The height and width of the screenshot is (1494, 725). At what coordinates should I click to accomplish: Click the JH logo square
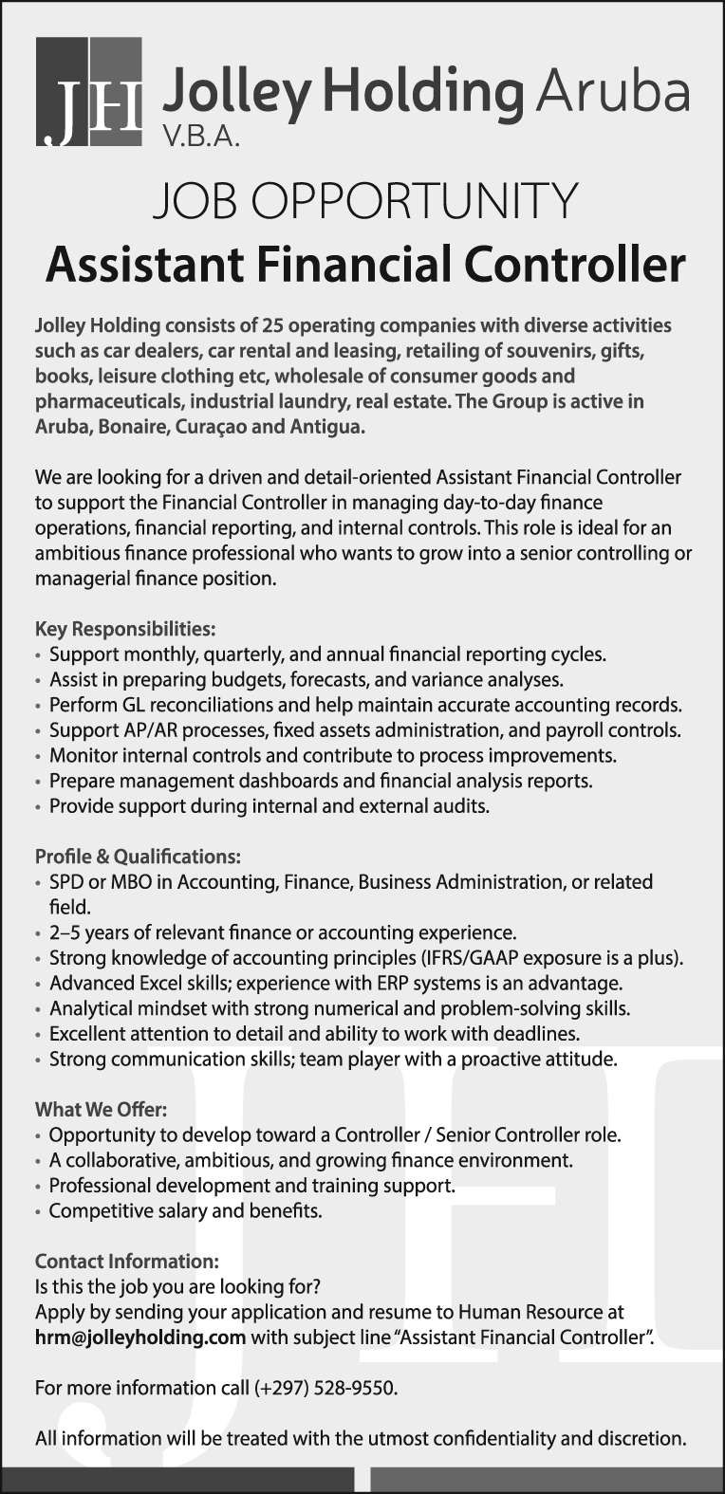(88, 92)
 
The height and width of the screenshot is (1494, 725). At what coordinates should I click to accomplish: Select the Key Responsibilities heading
(125, 628)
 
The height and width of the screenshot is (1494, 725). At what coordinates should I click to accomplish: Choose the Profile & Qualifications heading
(138, 857)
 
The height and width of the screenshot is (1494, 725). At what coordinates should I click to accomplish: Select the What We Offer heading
(101, 1109)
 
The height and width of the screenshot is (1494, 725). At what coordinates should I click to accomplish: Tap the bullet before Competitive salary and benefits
(38, 1212)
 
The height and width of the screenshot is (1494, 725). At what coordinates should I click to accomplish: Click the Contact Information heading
(126, 1262)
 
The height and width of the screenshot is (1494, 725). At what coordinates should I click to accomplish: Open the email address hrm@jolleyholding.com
(140, 1338)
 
